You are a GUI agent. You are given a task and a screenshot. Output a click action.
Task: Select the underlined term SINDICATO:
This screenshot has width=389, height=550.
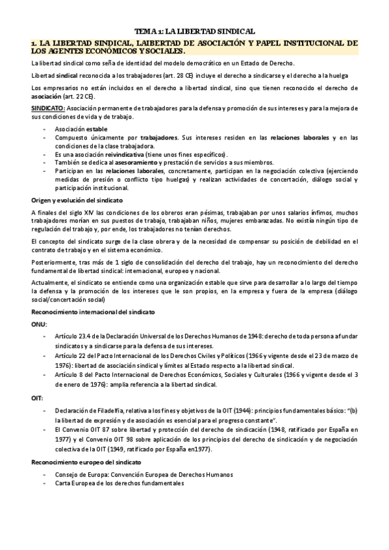point(48,108)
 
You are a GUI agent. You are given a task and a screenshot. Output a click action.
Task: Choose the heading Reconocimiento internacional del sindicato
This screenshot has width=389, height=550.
point(93,312)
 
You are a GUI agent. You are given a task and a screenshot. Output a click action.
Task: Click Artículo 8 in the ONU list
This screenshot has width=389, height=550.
point(71,376)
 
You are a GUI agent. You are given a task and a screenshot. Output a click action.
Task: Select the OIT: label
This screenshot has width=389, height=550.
point(38,398)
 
